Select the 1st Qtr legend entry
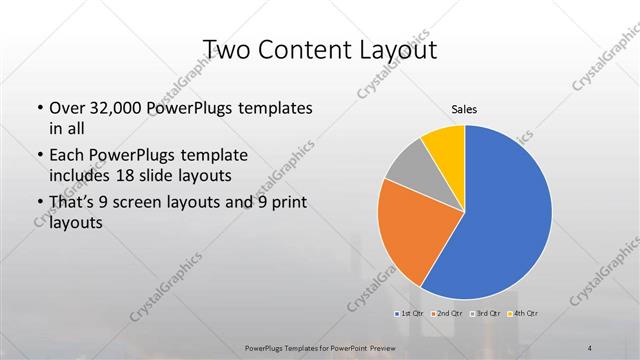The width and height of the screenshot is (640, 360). [x=412, y=314]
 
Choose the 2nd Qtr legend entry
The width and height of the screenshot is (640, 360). [x=447, y=314]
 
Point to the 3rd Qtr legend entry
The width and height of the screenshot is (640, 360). [x=486, y=314]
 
